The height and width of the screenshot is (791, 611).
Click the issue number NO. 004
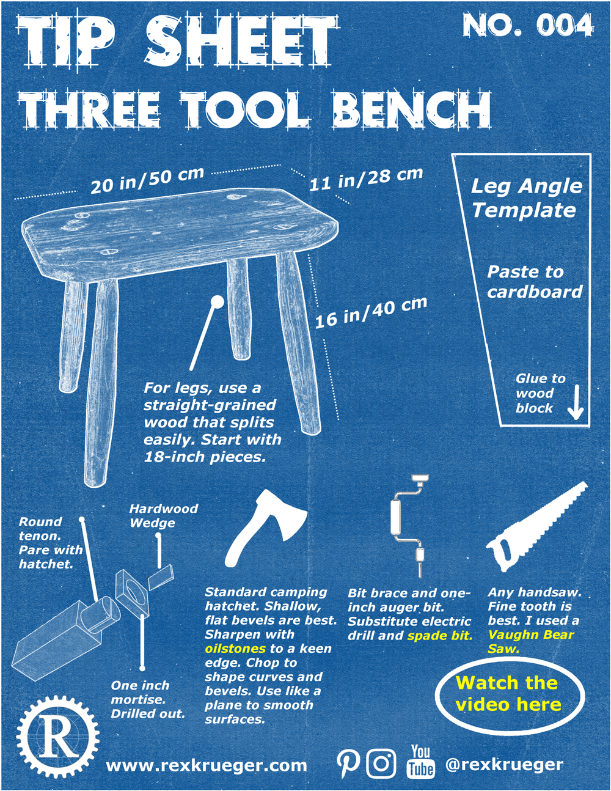pos(527,26)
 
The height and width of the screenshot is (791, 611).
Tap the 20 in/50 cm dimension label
pos(147,180)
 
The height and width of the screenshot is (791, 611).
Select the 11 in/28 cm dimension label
pos(365,178)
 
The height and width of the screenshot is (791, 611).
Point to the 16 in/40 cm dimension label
pos(371,312)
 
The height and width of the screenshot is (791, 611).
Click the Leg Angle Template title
pos(525,197)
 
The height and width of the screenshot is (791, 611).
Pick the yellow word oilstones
pos(235,649)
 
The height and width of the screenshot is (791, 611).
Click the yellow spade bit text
pos(440,636)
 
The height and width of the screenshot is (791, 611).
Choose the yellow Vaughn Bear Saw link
pos(530,641)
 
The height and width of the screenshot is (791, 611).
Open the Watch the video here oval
pos(509,694)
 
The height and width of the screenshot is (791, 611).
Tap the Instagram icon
pos(381,763)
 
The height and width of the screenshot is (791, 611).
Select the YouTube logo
pos(420,762)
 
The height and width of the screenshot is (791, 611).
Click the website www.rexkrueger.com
pos(207,765)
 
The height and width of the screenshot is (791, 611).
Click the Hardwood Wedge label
pos(163,516)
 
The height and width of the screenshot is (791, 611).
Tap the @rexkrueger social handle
pos(504,764)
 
